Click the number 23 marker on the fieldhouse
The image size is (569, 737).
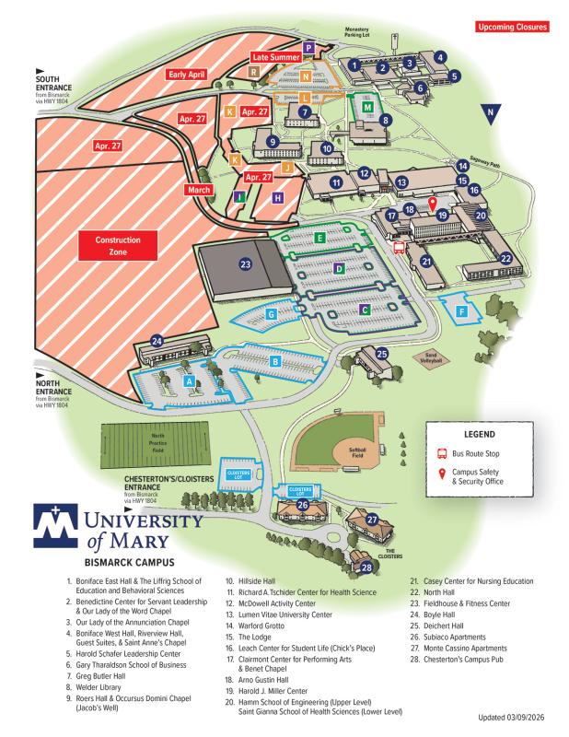coord(246,264)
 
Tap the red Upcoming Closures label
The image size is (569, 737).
coord(512,27)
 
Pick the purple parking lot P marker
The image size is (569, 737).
coord(309,47)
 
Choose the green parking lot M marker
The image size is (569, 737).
coord(367,107)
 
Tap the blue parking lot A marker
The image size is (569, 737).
coord(189,380)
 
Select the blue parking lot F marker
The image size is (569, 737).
coord(461,311)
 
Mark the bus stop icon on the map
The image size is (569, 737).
coord(398,246)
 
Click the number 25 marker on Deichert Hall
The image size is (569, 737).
coord(381,351)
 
